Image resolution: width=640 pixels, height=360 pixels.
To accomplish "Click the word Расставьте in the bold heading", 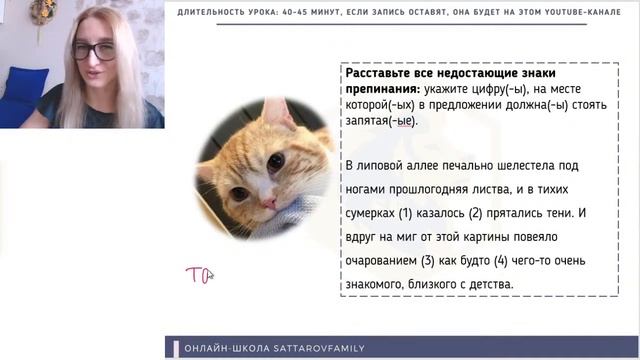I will click(x=375, y=74).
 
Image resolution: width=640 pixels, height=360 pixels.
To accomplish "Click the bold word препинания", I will click(x=381, y=90).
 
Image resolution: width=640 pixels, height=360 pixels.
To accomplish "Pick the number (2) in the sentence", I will click(x=468, y=213).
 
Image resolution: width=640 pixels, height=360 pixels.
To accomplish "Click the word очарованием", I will click(x=380, y=261).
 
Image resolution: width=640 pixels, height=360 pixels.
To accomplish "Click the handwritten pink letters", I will click(x=197, y=274).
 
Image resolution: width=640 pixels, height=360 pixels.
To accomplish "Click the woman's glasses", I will click(x=93, y=49).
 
